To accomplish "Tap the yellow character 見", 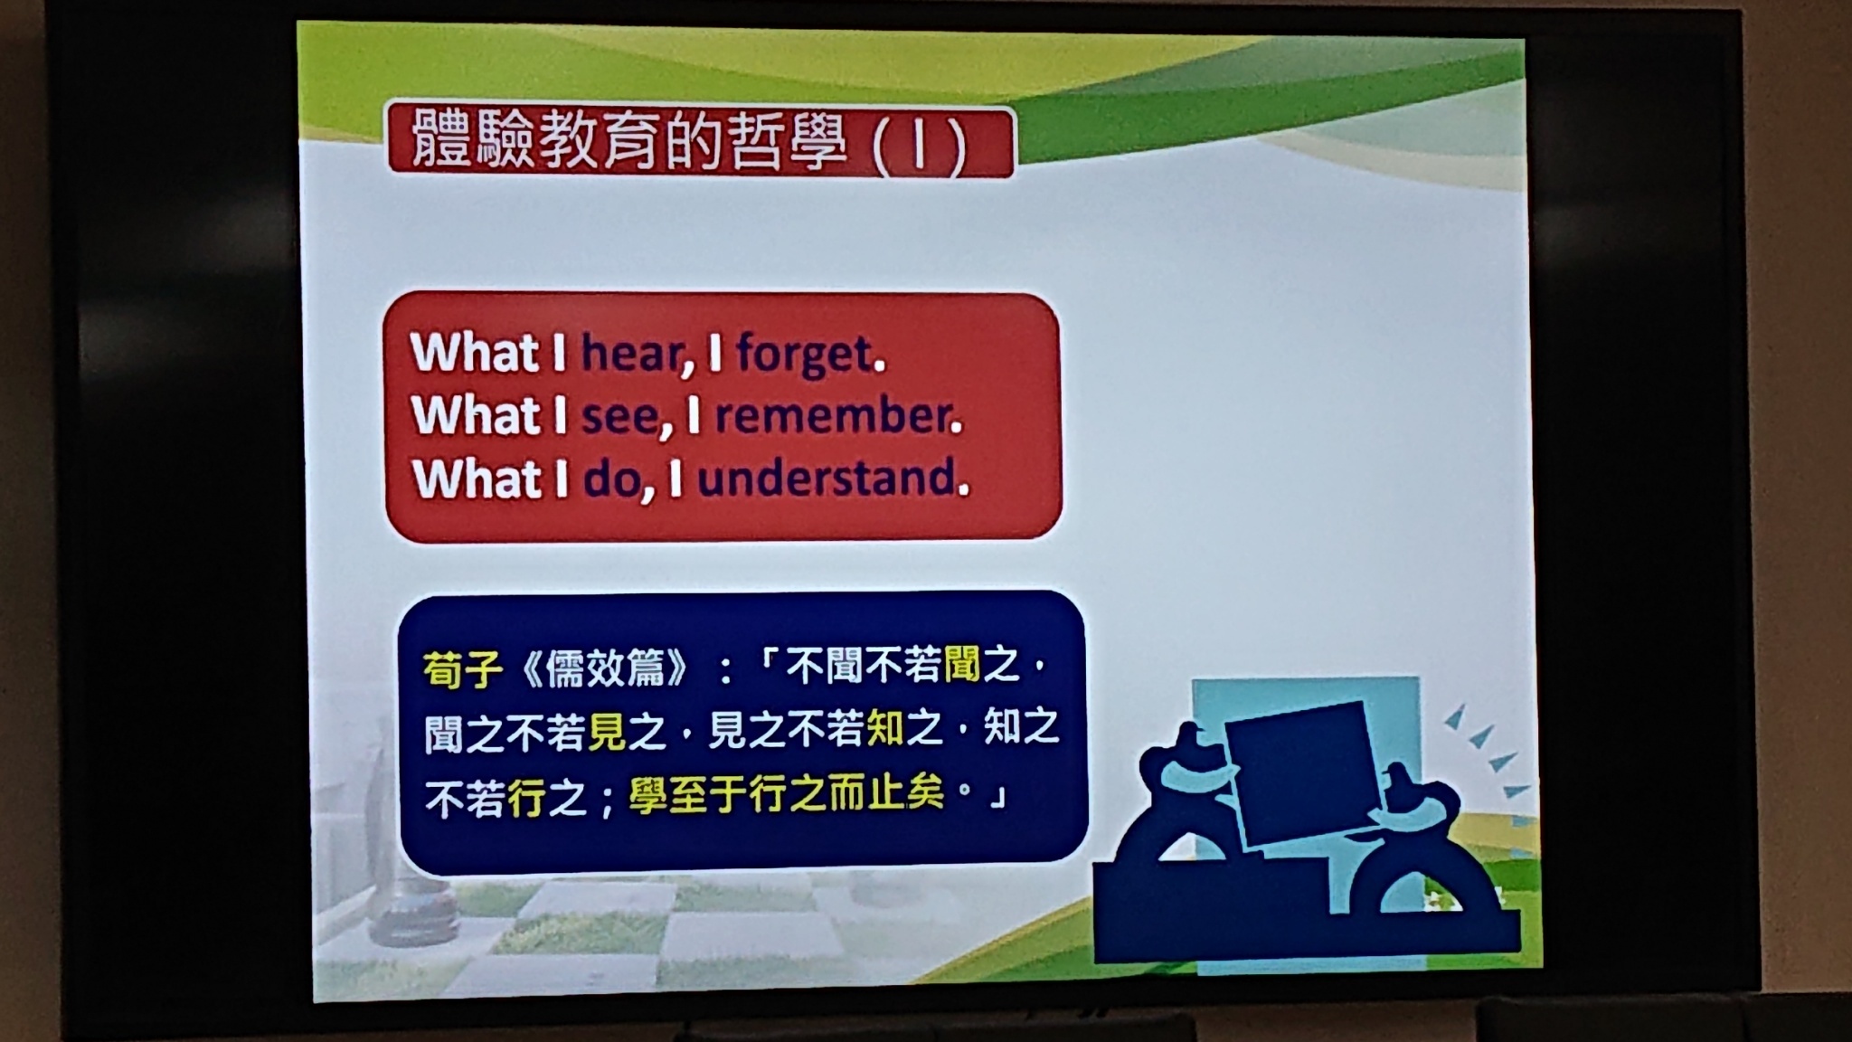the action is [x=607, y=733].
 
